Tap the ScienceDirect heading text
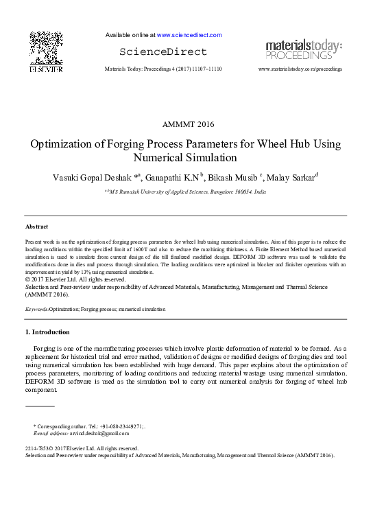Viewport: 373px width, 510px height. (x=163, y=52)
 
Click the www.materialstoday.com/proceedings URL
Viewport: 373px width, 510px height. (x=300, y=69)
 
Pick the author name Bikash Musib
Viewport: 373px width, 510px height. (x=230, y=178)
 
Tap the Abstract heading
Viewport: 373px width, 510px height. (x=36, y=226)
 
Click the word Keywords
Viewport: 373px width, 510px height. (x=36, y=310)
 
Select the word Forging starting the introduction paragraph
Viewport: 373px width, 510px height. (x=45, y=349)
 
